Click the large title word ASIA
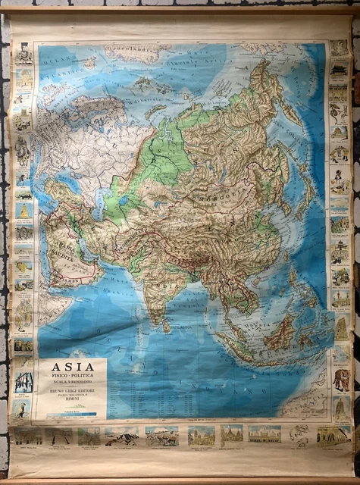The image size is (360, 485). tap(74, 369)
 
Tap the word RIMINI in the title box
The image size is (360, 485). tap(74, 401)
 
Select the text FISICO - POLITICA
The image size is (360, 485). tap(74, 380)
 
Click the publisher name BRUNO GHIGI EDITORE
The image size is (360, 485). tap(74, 391)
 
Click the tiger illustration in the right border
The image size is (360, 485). tap(342, 379)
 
